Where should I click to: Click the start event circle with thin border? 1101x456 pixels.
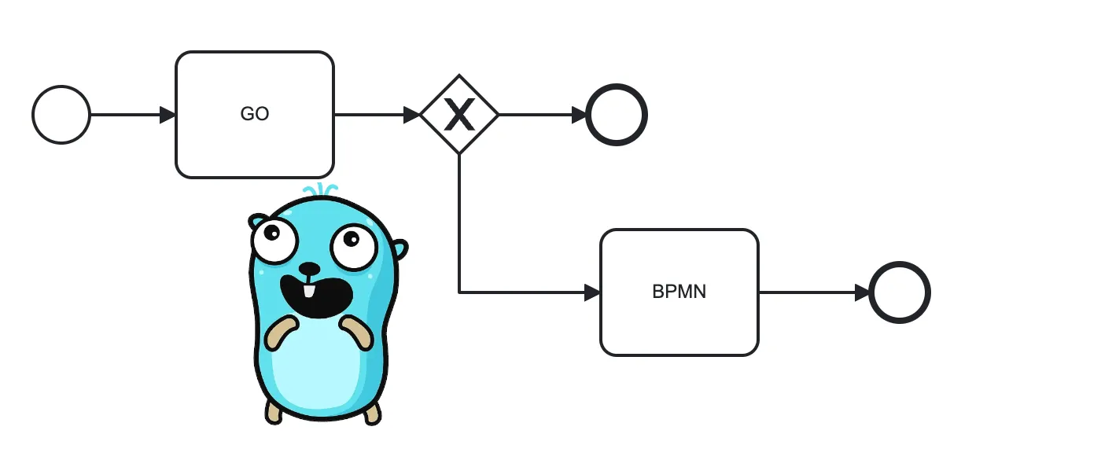61,115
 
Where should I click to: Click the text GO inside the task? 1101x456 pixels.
254,114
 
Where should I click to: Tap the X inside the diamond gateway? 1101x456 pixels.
459,115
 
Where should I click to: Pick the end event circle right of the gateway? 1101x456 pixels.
617,115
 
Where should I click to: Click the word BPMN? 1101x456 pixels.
679,292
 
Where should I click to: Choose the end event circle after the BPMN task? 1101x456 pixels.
900,292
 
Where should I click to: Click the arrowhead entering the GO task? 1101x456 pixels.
167,115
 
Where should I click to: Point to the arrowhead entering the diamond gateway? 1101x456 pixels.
412,115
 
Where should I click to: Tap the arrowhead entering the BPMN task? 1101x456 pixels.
591,292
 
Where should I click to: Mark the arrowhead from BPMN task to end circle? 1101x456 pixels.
862,292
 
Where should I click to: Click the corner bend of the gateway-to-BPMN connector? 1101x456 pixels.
459,292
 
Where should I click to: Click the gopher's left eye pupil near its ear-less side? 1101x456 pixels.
271,232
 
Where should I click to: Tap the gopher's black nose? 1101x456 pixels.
309,269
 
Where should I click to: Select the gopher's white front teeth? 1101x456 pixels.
309,291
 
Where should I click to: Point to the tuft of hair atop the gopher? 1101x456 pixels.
321,190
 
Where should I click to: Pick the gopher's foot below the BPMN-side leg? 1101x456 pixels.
372,412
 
